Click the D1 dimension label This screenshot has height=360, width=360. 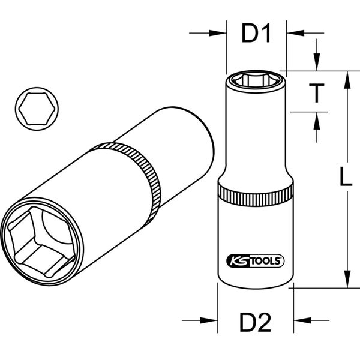257,34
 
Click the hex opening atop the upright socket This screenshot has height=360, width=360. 257,80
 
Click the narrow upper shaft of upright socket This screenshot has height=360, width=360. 257,132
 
